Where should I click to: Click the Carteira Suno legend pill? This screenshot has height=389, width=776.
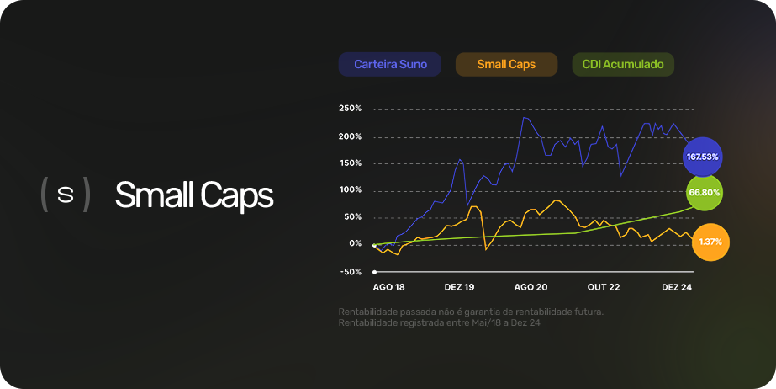(389, 65)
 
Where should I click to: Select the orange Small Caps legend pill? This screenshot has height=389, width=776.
(506, 65)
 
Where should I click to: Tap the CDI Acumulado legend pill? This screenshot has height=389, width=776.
(623, 65)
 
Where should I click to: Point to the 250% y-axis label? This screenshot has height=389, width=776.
(351, 109)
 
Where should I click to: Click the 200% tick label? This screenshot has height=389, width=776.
(351, 136)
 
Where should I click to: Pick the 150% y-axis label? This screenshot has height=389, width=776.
(351, 163)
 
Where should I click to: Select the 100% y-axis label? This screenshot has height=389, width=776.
(351, 190)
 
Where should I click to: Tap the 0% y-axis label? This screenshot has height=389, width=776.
(355, 243)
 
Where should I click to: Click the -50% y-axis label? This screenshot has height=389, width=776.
(351, 272)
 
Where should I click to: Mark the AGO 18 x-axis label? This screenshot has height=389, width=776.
(388, 287)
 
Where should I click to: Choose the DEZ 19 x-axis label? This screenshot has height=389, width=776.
(459, 287)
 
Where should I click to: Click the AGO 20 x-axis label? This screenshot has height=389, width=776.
(531, 287)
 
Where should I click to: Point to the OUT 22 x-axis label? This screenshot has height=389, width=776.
(604, 287)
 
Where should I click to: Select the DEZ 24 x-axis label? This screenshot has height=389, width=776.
(677, 287)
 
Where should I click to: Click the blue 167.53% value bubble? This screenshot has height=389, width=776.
(702, 157)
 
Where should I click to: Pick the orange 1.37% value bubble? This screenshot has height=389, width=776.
(710, 242)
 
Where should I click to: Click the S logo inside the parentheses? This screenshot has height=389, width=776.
(66, 194)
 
